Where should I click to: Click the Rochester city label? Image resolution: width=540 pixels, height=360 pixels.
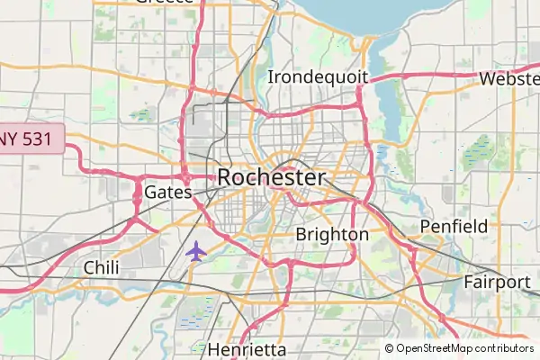(270, 177)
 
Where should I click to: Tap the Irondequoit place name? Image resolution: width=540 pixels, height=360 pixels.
(318, 76)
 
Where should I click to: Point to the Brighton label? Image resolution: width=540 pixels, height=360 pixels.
(332, 234)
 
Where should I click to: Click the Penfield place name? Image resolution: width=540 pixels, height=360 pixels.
(454, 225)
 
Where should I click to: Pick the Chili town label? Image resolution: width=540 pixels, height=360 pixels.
(101, 267)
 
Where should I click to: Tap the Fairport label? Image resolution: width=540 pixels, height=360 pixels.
(497, 282)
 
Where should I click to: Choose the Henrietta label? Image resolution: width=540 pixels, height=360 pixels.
(247, 349)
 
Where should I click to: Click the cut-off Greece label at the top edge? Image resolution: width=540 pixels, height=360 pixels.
(165, 3)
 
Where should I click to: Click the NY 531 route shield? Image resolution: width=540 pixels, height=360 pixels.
(31, 139)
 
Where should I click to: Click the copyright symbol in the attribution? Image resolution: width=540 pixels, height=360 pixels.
(390, 348)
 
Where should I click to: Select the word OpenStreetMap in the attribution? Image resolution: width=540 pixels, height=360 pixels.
(435, 348)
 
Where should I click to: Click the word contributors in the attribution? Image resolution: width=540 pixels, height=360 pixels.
(504, 348)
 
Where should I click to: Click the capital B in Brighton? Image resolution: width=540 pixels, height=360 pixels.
(301, 234)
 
